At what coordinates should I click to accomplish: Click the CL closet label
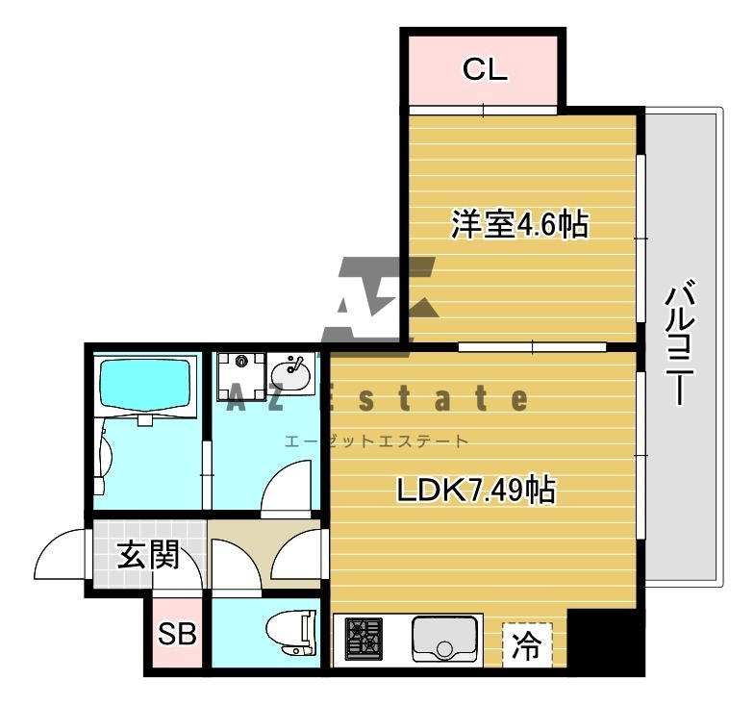click(x=484, y=69)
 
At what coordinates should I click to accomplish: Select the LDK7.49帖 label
click(x=475, y=491)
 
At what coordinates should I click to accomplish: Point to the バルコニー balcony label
click(x=680, y=341)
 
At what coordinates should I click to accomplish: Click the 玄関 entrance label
click(x=148, y=555)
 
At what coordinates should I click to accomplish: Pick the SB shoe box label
click(x=177, y=635)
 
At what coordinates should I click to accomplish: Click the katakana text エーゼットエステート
click(x=376, y=441)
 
